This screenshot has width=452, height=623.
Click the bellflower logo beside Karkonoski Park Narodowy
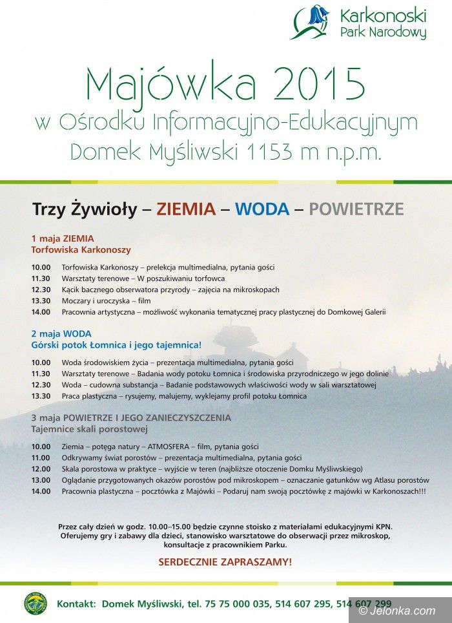click(x=312, y=23)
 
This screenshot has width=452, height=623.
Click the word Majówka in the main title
click(x=163, y=84)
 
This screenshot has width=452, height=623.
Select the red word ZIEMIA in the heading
click(x=186, y=209)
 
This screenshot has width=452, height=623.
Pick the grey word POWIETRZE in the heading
click(x=356, y=209)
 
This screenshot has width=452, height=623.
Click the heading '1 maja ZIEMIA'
click(x=63, y=238)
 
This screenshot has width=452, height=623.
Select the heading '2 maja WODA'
click(x=61, y=333)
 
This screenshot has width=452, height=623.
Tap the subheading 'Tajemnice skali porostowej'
click(x=90, y=429)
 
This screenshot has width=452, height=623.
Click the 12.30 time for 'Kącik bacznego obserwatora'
click(x=41, y=290)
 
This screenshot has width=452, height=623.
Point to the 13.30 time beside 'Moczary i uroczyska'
click(x=41, y=301)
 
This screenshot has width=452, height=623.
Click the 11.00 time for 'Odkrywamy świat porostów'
click(x=41, y=458)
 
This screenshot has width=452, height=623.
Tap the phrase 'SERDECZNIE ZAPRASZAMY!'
click(x=225, y=562)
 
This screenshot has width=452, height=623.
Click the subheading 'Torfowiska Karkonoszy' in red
click(x=81, y=249)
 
